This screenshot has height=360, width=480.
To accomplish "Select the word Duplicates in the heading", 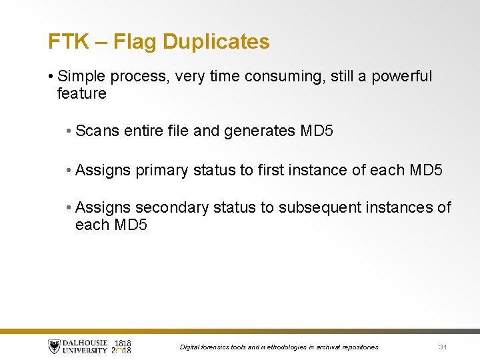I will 216,42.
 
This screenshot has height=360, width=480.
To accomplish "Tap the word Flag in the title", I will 135,42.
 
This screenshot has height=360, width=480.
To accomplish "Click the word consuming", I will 278,77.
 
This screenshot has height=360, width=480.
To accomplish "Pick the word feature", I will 82,94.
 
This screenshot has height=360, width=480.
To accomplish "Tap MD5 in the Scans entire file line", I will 317,131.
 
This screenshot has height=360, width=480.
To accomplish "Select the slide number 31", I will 443,347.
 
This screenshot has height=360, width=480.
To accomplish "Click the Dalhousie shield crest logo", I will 54,347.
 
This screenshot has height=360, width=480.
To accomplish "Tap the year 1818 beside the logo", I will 122,343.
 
